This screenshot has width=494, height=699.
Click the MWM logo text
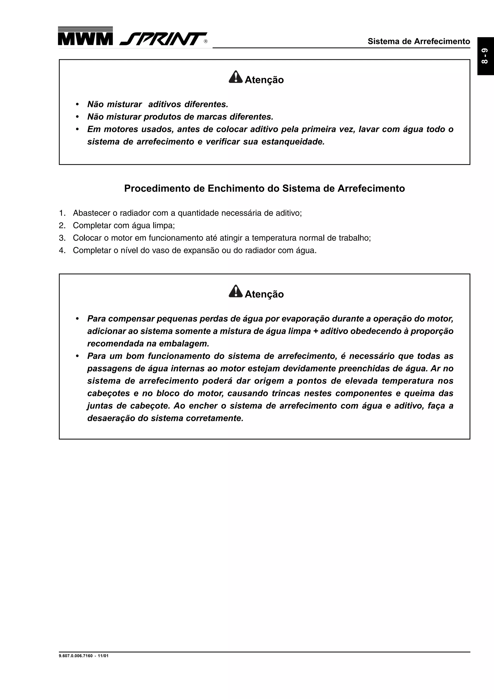85,39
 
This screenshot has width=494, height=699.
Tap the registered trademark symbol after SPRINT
206,42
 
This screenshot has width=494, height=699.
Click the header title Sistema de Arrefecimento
419,41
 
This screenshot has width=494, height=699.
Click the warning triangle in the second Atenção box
235,291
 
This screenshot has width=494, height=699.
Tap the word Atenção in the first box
264,80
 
